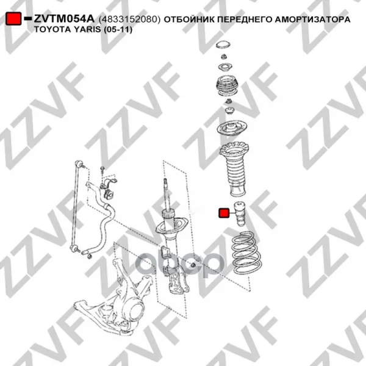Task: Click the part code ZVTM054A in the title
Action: [x=64, y=19]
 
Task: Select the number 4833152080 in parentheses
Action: [x=129, y=19]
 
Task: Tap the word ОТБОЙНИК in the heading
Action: [x=189, y=19]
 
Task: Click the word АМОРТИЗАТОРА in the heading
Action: [x=312, y=19]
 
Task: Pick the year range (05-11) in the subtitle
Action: [x=118, y=30]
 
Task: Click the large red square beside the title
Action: [x=13, y=18]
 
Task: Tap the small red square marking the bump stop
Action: [x=224, y=213]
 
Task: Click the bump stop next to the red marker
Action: [x=240, y=213]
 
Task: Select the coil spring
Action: [x=247, y=253]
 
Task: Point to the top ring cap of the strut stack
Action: [x=223, y=45]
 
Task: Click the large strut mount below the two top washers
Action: [x=227, y=86]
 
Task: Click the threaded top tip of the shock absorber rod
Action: [x=165, y=182]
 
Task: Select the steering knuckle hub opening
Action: [x=135, y=310]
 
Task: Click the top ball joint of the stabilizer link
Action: [x=79, y=163]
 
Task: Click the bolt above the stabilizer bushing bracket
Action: [x=102, y=170]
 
